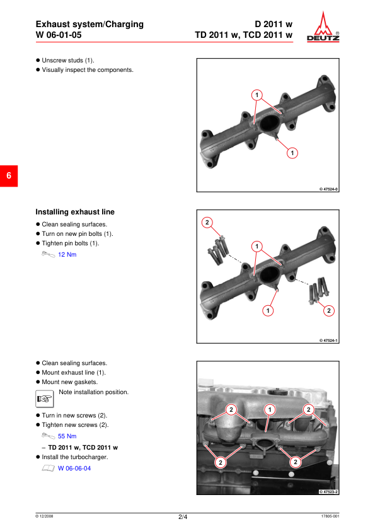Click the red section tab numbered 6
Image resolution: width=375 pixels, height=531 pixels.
9,176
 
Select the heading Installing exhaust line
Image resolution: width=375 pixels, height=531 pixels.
75,212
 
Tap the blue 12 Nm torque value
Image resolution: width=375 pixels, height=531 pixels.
67,254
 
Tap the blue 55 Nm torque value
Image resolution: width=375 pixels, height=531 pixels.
67,436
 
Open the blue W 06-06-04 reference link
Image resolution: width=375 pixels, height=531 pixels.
74,469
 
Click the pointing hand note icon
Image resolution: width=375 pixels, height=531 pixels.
45,399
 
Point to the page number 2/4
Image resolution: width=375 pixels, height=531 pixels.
183,516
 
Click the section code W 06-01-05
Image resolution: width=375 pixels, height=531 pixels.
59,35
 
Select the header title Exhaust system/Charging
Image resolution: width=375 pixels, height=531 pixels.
89,24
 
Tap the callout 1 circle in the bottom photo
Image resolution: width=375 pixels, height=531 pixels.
270,410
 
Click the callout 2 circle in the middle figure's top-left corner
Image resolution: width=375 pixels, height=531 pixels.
207,223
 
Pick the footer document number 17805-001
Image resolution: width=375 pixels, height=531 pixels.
330,516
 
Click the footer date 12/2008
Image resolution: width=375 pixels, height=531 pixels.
44,516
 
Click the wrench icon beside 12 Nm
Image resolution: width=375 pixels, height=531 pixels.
48,254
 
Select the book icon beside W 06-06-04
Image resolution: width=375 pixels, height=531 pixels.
48,468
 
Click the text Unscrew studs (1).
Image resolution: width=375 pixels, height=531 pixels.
68,61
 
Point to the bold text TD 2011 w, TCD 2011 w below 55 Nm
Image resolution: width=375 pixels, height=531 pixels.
83,448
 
